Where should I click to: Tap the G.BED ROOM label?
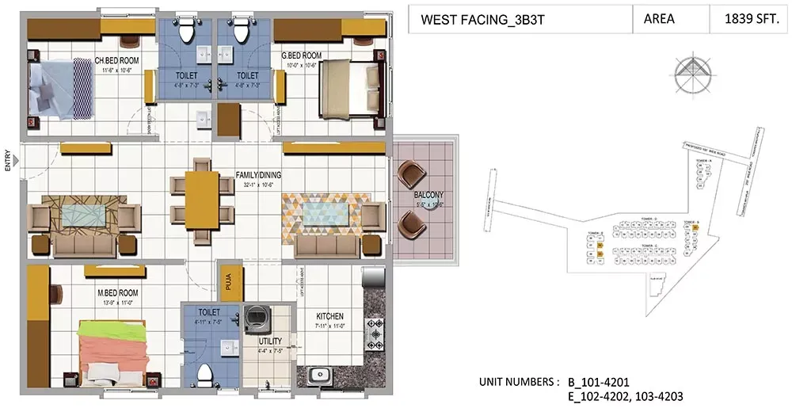pos(301,55)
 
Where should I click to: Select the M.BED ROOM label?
pos(117,292)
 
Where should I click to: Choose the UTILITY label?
pos(271,341)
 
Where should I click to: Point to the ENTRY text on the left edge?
pos(7,161)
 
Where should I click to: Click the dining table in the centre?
pos(203,203)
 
